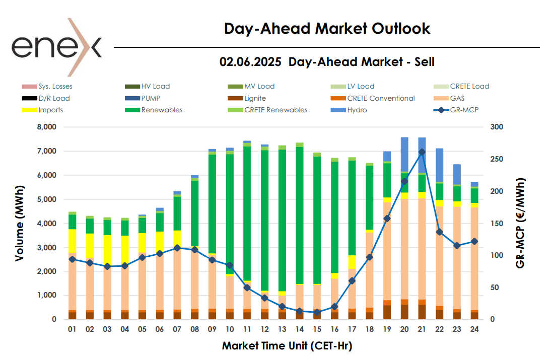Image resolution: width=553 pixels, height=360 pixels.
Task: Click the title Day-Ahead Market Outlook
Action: click(x=327, y=28)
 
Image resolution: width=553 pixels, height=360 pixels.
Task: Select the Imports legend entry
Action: click(x=50, y=110)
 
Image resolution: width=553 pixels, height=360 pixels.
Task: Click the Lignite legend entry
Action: click(x=255, y=98)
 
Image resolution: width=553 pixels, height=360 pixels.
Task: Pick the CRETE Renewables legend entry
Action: click(x=275, y=110)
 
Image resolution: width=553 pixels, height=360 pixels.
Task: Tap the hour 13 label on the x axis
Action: click(x=282, y=330)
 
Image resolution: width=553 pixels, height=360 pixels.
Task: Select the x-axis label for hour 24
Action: click(x=474, y=330)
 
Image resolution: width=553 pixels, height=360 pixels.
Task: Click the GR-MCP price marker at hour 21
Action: click(x=422, y=152)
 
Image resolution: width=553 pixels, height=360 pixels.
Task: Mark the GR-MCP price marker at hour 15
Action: click(x=317, y=313)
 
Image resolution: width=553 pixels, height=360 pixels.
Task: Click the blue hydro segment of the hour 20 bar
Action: click(x=404, y=154)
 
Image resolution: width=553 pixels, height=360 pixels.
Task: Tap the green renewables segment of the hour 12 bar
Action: click(x=264, y=217)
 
